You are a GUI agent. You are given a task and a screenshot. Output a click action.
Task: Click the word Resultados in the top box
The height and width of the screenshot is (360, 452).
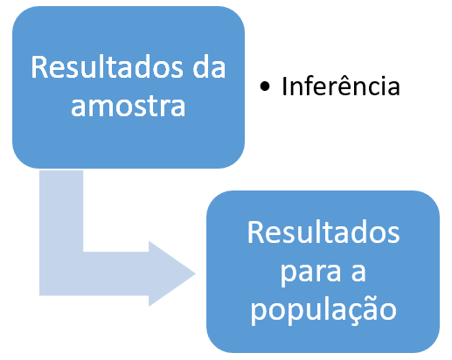(x=108, y=67)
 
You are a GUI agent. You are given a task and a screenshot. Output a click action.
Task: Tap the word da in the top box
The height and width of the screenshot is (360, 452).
(x=209, y=67)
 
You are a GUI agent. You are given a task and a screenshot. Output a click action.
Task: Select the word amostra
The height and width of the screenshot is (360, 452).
(x=129, y=106)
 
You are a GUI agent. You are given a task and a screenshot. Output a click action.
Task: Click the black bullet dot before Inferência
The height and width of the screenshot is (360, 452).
(x=265, y=87)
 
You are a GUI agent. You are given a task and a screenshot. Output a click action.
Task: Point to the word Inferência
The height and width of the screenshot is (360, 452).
(x=341, y=85)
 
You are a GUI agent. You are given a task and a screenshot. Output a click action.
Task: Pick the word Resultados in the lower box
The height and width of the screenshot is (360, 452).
(x=323, y=232)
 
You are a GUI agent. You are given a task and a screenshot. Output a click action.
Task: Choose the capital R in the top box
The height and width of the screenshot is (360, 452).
(x=38, y=67)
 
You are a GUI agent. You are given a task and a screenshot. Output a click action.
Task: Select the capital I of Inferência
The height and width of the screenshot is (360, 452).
(x=284, y=85)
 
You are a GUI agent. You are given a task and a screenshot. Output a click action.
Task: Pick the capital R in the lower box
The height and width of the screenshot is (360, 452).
(x=255, y=232)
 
